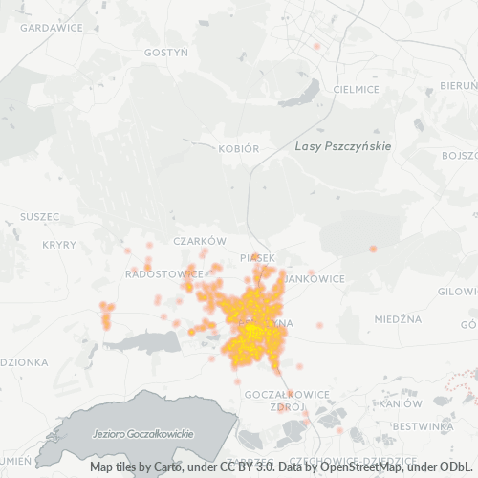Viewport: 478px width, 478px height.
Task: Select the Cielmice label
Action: pos(357,89)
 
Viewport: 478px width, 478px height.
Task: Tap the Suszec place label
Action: pos(39,216)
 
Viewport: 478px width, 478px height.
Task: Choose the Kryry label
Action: pos(59,245)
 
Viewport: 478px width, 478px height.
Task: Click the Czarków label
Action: pos(199,241)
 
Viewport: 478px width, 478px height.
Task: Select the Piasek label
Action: pos(257,258)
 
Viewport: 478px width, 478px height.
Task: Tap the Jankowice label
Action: pos(315,278)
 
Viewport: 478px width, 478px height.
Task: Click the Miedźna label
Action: pos(398,318)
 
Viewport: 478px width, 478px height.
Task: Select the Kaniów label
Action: pos(393,403)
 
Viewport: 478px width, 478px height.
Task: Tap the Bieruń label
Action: pos(460,85)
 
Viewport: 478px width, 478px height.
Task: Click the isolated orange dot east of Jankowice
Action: pos(373,250)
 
